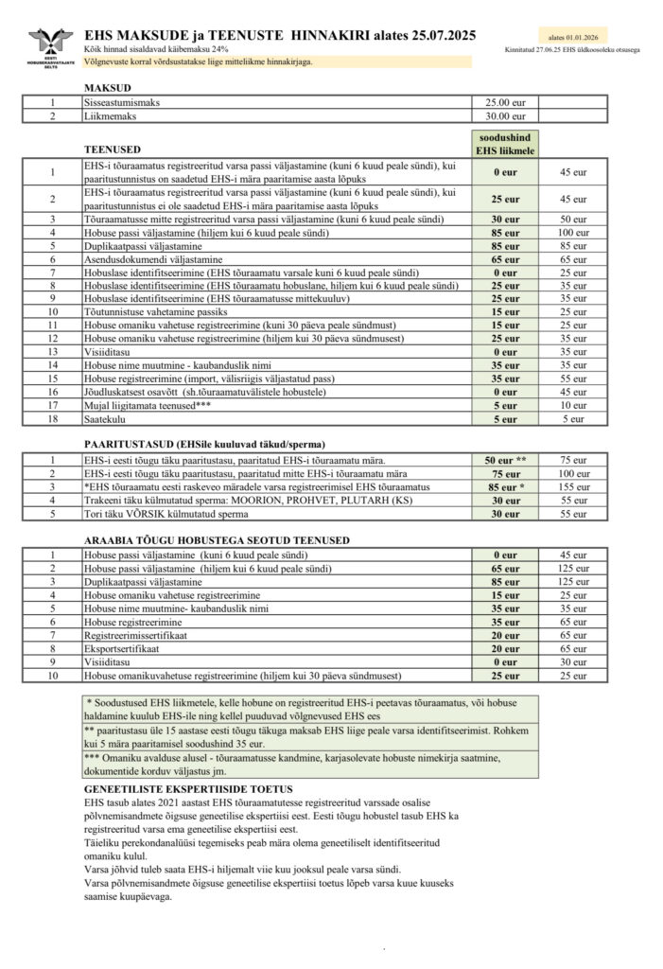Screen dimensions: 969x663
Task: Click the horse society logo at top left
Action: pyautogui.click(x=50, y=45)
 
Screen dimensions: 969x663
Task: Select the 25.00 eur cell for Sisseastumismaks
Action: pyautogui.click(x=504, y=102)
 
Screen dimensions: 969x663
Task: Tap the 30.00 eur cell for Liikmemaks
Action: pyautogui.click(x=504, y=116)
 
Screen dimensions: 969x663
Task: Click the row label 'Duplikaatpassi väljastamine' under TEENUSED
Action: pyautogui.click(x=143, y=245)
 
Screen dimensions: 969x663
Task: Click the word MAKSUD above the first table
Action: pyautogui.click(x=105, y=87)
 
